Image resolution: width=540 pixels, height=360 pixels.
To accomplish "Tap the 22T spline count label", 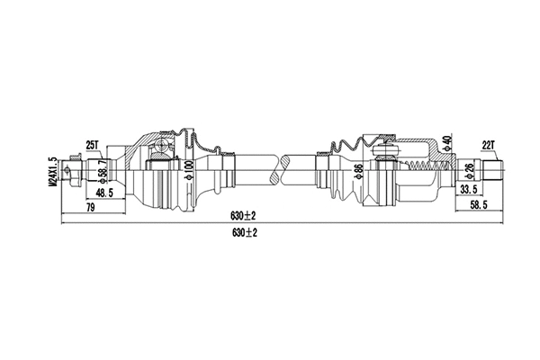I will pyautogui.click(x=490, y=144).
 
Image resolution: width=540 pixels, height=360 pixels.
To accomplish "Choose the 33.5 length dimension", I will pyautogui.click(x=469, y=191).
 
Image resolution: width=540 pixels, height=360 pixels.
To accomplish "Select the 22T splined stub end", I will pyautogui.click(x=494, y=167).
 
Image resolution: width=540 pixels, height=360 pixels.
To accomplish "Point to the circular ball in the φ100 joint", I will pyautogui.click(x=161, y=147).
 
